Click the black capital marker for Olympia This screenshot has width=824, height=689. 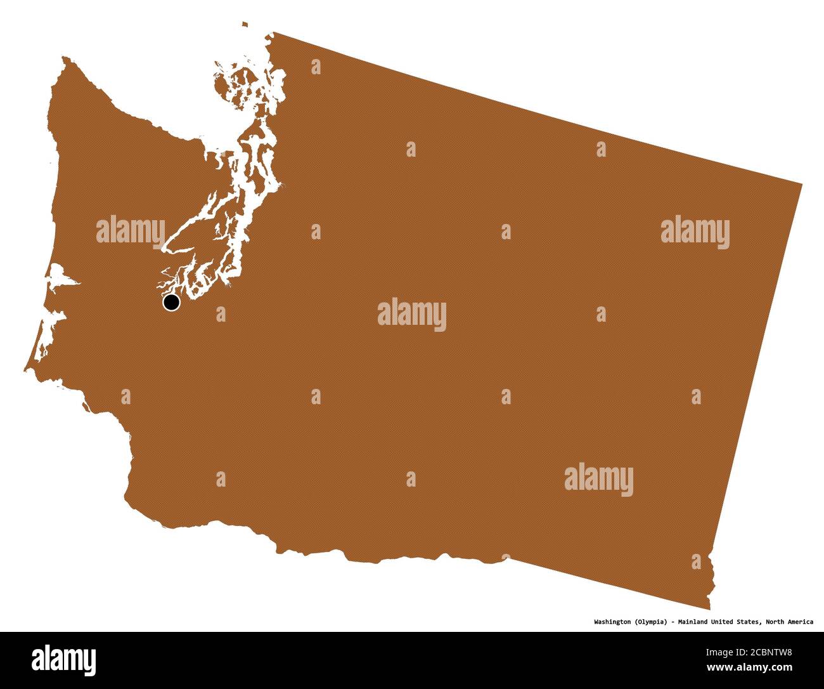pos(171,303)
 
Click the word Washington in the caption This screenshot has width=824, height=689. pos(612,622)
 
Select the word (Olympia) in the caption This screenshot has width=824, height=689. pos(650,622)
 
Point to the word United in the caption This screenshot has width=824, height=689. pos(728,622)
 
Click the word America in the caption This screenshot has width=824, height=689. pos(802,622)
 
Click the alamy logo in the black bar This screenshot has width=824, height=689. pos(64,660)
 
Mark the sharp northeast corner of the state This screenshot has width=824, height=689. pos(801,185)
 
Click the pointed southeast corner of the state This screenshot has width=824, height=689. pos(709,608)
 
